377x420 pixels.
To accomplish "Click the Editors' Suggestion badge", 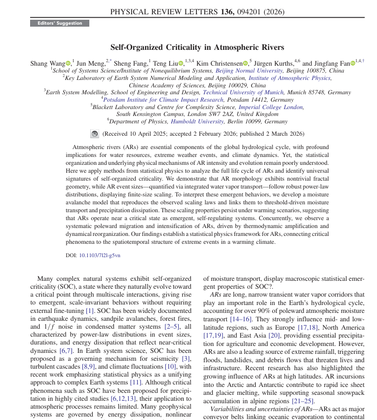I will [x=60, y=23].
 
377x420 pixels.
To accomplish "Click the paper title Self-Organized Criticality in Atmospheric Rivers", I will [x=197, y=47].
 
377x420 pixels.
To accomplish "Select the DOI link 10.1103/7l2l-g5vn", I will [x=99, y=255].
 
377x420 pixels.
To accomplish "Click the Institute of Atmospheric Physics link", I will [x=290, y=78].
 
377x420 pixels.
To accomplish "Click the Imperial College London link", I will [x=271, y=107].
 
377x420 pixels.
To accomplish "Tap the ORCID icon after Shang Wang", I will [x=68, y=63].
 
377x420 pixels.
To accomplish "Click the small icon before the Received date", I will [x=95, y=134].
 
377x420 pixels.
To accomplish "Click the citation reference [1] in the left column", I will [x=89, y=310].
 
